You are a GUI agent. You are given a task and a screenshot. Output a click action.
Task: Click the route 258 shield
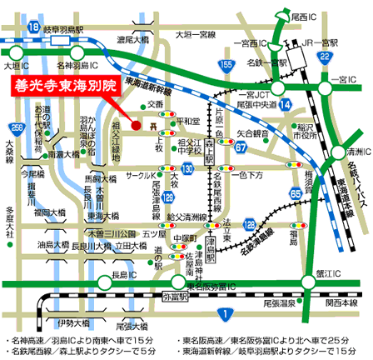coord(17,127)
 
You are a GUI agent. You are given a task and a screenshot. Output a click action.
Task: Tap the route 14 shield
coord(285,103)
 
